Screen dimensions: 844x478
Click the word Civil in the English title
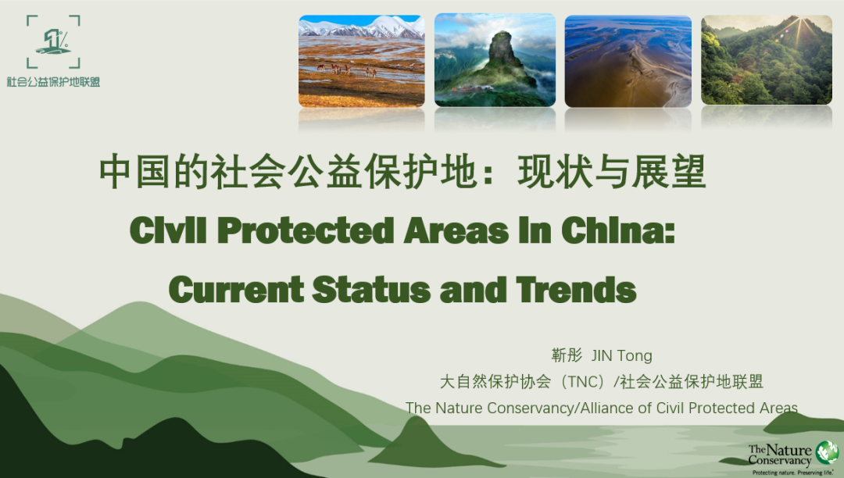coord(168,230)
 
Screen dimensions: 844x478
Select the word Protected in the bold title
coord(306,230)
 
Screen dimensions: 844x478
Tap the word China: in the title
coord(618,230)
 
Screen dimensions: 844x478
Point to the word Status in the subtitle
coord(371,289)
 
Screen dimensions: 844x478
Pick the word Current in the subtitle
coord(236,289)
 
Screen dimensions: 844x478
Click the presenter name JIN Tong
coord(622,355)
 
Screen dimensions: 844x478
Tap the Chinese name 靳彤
coord(567,355)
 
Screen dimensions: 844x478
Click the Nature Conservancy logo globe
coord(827,452)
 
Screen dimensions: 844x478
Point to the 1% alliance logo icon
coord(53,42)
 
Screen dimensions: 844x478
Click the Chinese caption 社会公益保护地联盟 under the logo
coord(53,82)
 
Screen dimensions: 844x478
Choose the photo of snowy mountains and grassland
coord(361,61)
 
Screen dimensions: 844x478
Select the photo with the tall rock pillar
coord(495,59)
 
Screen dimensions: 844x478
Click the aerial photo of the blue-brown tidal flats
coord(628,61)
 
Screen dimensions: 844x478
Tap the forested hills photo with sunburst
coord(767,59)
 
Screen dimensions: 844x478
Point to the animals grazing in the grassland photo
coord(345,70)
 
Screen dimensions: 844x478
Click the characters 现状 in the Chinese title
coord(554,172)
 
